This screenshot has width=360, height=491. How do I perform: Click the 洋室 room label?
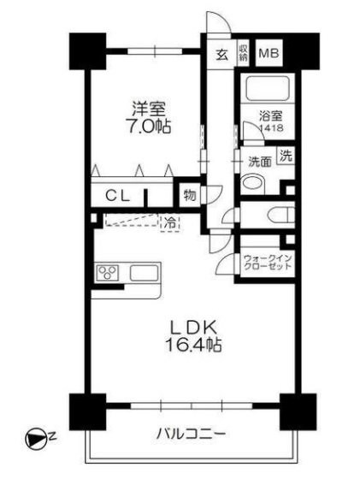(148, 109)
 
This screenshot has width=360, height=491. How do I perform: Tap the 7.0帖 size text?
(148, 127)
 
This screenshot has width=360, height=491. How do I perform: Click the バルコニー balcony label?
(190, 435)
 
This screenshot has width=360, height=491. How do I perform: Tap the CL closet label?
(118, 195)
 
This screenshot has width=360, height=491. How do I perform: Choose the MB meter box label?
(268, 54)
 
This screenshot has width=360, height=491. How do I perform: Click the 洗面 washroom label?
(260, 160)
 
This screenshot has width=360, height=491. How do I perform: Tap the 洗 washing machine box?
(286, 157)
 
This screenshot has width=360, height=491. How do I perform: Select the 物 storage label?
(189, 195)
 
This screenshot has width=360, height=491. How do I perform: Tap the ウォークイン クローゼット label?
(268, 260)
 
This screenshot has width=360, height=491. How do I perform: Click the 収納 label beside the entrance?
(243, 54)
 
